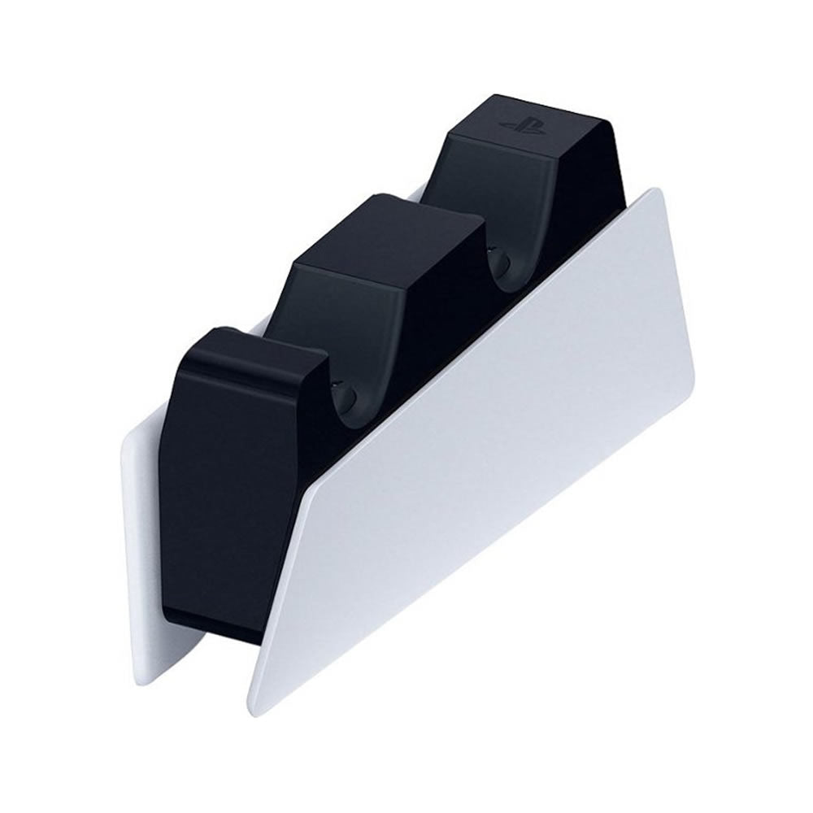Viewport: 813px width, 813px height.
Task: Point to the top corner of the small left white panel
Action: (x=128, y=443)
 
